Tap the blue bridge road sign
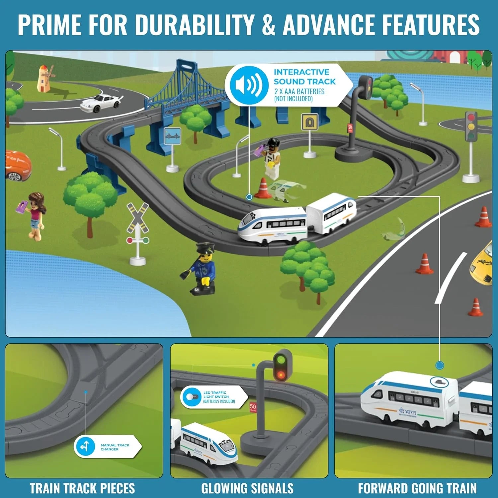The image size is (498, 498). [173, 136]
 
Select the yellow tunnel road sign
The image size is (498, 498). [309, 122]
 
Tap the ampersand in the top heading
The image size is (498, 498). [268, 25]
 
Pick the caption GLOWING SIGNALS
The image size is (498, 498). [247, 488]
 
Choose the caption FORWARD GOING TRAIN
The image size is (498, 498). [417, 488]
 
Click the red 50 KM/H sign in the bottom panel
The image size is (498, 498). [253, 407]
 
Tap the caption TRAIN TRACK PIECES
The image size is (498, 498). [82, 488]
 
